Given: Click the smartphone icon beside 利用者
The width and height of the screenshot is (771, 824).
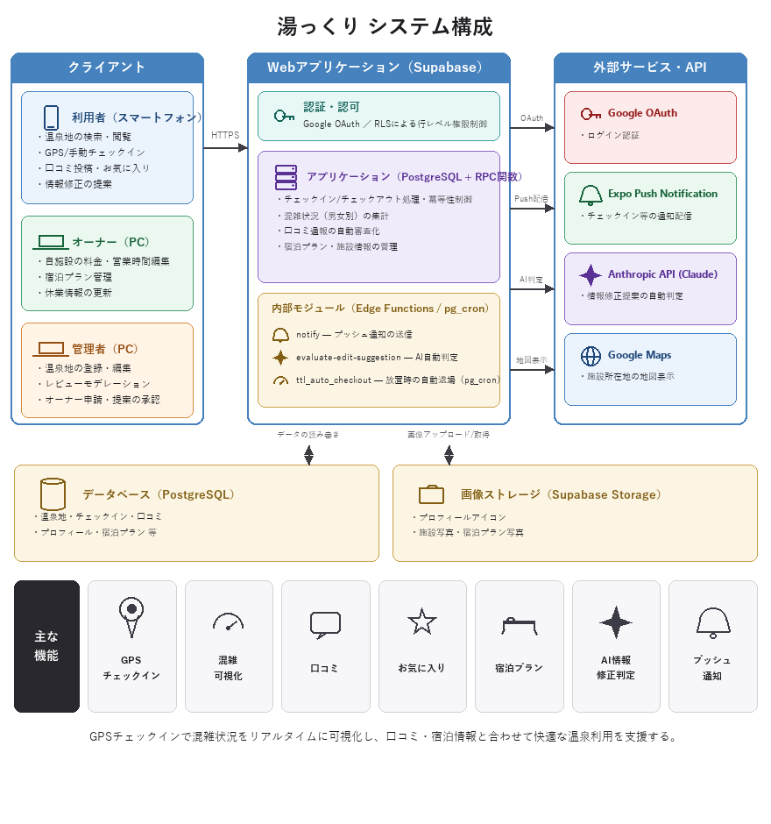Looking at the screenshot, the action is point(51,117).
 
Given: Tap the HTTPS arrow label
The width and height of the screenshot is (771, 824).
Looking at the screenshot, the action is point(225,135).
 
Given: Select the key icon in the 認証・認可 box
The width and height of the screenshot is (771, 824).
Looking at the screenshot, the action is point(284,116).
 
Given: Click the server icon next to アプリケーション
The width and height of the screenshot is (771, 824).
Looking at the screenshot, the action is point(286,177).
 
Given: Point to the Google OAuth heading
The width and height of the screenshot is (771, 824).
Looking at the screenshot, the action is point(642,113).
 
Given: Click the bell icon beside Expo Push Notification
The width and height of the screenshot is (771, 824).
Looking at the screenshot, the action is point(591,195).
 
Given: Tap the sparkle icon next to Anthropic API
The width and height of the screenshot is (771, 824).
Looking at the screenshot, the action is point(591,275).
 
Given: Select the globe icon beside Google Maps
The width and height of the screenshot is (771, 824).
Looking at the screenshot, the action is point(591,356).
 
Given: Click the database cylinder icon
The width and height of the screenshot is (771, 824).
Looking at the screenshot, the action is point(53,494).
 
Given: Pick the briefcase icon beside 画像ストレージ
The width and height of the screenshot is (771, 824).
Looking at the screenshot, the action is point(431,494).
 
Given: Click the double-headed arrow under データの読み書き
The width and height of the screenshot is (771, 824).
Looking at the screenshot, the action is point(308,455).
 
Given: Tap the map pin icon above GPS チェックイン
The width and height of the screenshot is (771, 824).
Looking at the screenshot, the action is point(131,617).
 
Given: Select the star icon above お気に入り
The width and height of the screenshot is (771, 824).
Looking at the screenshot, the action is point(421,622).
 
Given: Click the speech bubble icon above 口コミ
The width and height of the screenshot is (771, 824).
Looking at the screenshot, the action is point(325,625).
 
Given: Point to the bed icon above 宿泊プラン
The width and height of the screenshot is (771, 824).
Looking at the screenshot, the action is point(519,626).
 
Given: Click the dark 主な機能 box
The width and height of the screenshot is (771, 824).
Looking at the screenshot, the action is point(46,646).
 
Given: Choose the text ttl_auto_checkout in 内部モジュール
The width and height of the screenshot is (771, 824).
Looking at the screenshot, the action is point(334,380).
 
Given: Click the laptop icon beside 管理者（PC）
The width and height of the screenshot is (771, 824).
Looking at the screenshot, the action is point(51,349).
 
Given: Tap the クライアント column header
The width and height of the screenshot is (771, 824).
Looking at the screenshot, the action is point(107,67).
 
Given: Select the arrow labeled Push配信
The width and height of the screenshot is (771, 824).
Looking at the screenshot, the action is point(532,209).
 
